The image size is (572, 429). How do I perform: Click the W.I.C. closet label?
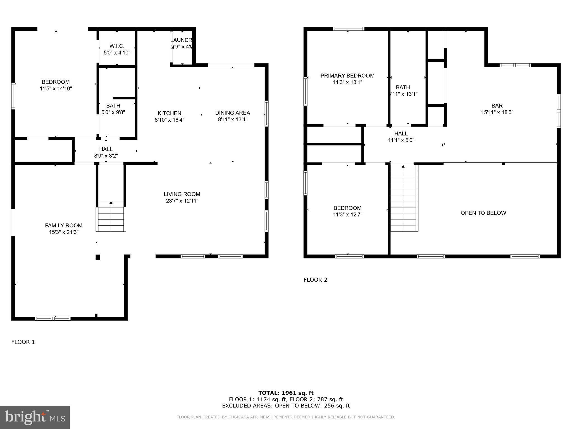[117, 46]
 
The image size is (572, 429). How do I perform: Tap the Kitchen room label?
[169, 113]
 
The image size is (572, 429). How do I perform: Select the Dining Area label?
[232, 113]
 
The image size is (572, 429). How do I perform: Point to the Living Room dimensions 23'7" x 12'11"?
[182, 201]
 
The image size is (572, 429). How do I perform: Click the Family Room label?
[64, 225]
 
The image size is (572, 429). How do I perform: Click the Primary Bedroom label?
[347, 76]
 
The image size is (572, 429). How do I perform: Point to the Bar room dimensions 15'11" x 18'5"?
[497, 112]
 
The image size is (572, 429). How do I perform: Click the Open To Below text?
[483, 213]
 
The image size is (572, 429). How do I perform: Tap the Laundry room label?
[182, 40]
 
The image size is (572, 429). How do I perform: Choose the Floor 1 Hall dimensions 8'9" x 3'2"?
[106, 156]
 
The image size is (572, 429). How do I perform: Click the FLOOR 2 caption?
[315, 280]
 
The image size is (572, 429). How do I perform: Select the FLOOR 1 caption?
[23, 342]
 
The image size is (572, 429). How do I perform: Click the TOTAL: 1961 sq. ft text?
[286, 393]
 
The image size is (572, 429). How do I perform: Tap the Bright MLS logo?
[35, 417]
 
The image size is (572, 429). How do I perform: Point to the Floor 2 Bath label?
[403, 87]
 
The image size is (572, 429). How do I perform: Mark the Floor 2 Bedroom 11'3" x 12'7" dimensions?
[347, 215]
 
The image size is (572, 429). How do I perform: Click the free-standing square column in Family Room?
[98, 257]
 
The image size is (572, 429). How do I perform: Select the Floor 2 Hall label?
[401, 134]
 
